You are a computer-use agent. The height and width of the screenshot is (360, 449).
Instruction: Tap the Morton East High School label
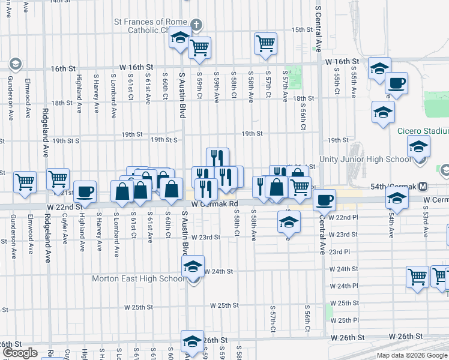139,278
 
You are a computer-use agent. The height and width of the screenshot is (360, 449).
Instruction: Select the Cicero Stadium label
423,131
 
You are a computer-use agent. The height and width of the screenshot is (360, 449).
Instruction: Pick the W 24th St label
217,271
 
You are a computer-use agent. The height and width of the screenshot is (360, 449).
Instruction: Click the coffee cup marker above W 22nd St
85,191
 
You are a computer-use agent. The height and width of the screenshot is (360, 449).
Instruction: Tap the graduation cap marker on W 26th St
192,341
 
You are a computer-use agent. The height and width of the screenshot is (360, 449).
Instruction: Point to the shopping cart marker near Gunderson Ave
25,181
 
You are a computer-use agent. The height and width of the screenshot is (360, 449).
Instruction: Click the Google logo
20,353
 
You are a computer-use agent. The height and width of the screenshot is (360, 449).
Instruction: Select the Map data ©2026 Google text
412,355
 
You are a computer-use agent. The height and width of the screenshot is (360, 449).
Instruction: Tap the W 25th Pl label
349,320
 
